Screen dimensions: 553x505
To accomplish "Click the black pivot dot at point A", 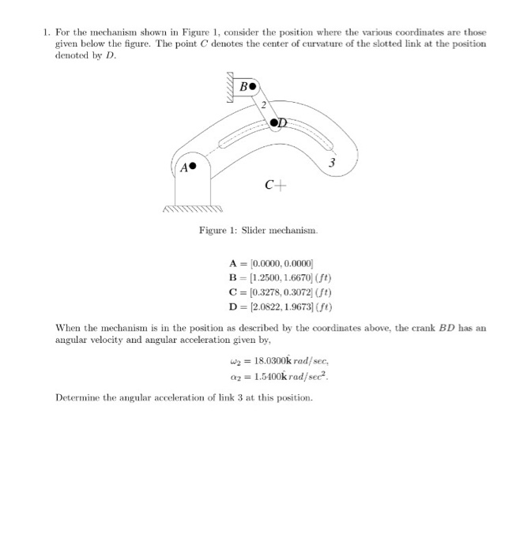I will point(192,167).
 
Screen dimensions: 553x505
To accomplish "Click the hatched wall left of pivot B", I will point(232,85).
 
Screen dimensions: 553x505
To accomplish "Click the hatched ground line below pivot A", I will point(191,210).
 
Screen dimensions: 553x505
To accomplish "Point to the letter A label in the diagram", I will point(183,167).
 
